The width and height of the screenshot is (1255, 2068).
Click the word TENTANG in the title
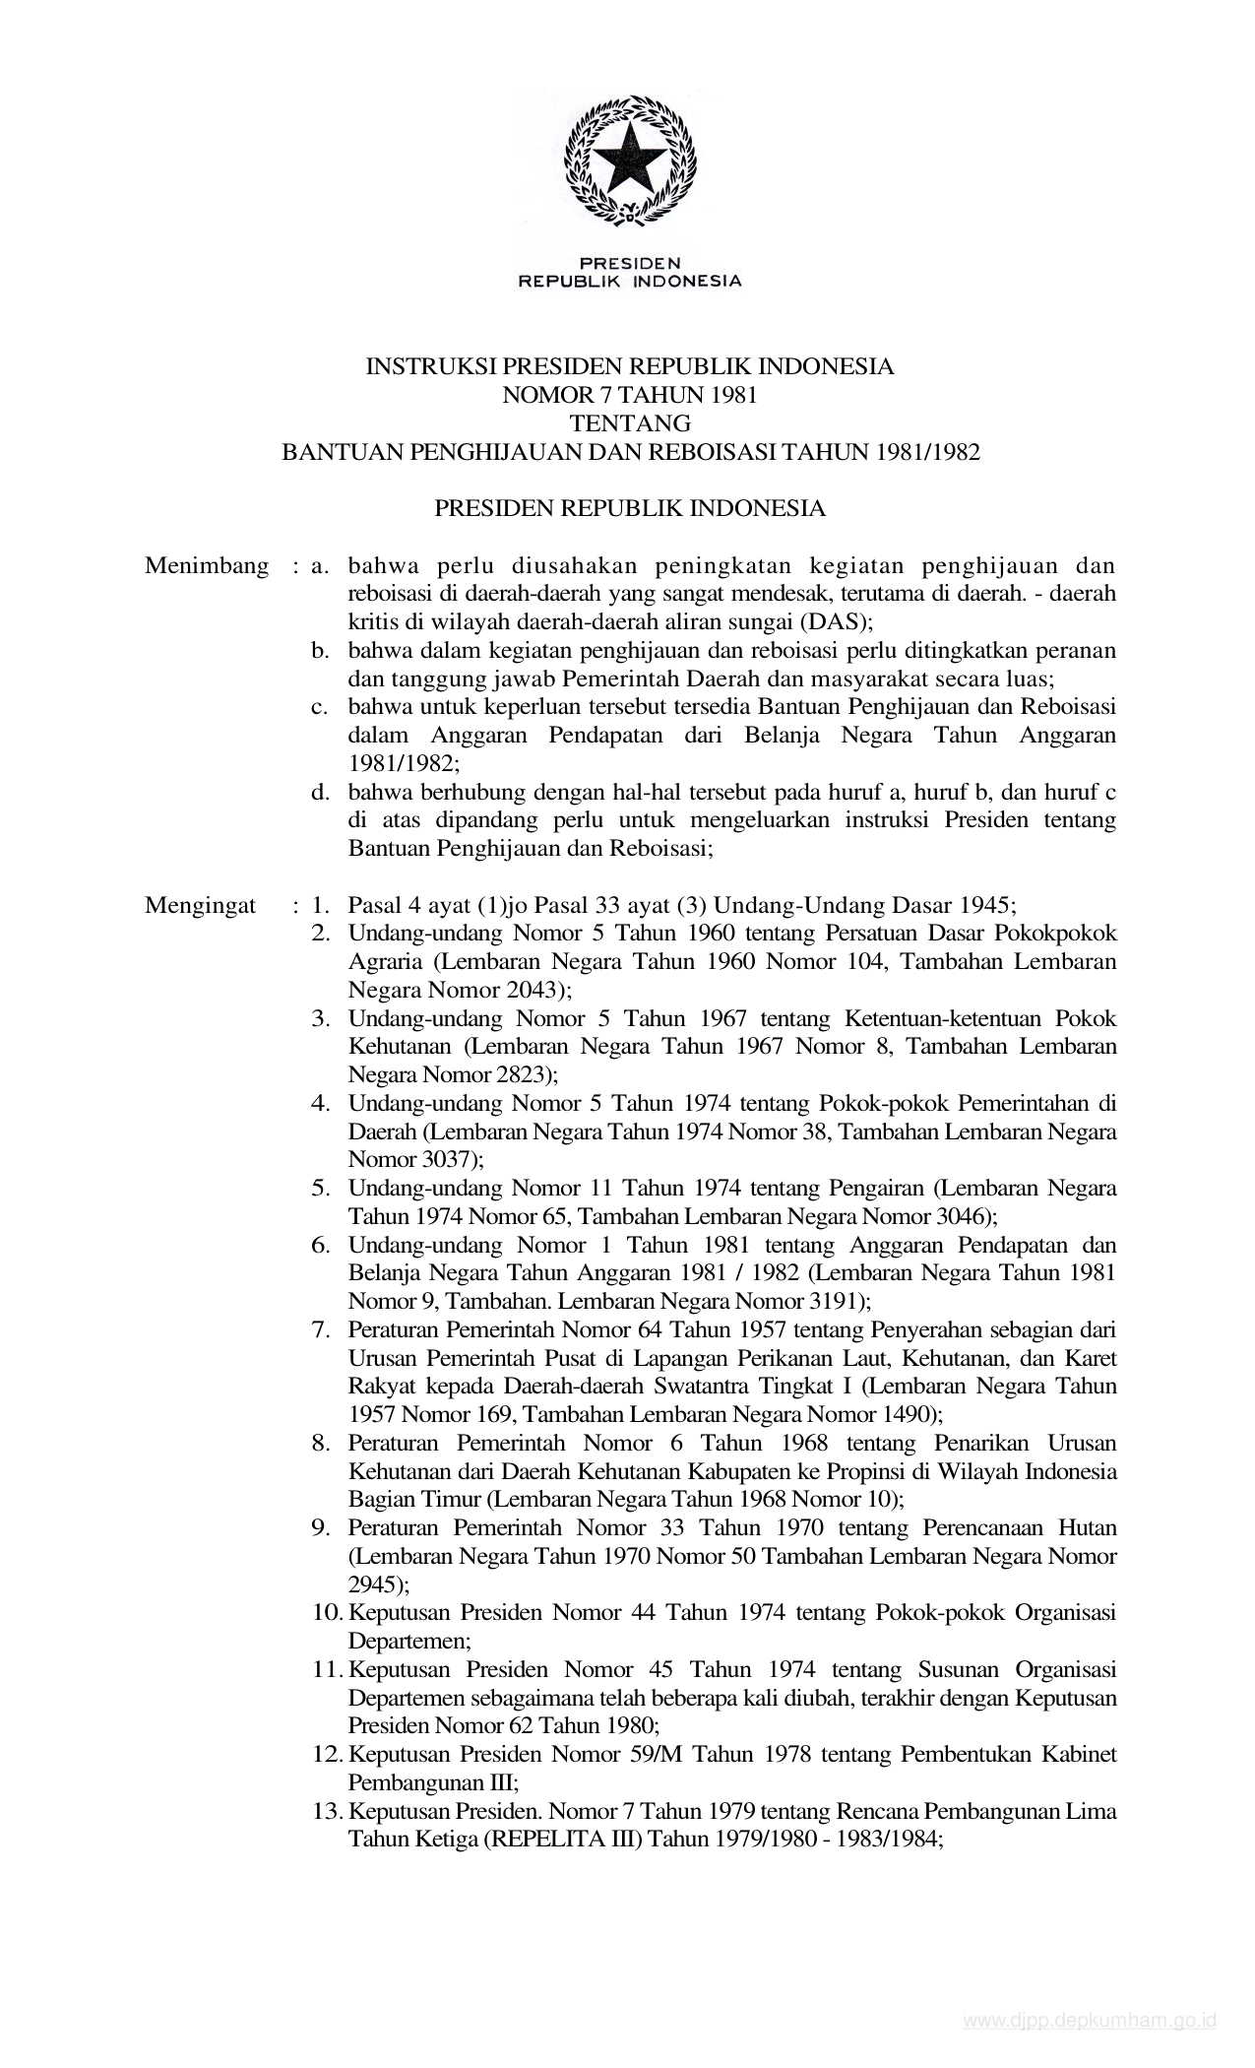[x=630, y=424]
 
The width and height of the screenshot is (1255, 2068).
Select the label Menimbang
[x=207, y=566]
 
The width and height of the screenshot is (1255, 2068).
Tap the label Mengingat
[x=201, y=906]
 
